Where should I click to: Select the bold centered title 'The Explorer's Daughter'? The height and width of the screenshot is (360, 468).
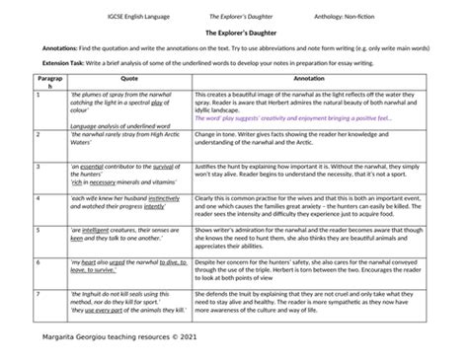tap(234, 32)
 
